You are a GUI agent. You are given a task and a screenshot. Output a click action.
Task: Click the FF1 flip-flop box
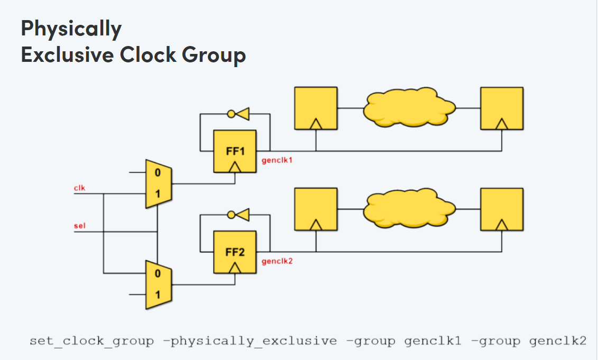[235, 151]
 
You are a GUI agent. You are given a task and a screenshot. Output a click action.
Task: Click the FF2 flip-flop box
[235, 252]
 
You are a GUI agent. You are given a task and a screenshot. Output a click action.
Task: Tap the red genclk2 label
[277, 261]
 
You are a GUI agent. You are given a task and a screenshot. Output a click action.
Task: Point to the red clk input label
[79, 188]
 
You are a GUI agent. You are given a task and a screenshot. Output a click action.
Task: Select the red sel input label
[79, 226]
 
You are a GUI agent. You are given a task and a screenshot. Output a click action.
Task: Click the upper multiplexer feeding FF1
[158, 183]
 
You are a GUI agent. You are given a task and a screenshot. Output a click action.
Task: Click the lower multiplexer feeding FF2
[158, 284]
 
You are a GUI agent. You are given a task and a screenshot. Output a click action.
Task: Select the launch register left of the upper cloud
[316, 108]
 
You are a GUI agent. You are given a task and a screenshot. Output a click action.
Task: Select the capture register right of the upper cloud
[501, 108]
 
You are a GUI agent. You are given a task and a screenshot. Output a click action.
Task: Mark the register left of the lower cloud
[316, 209]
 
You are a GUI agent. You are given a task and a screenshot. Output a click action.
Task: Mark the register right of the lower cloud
[501, 209]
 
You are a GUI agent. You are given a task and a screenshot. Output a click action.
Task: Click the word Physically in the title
[71, 29]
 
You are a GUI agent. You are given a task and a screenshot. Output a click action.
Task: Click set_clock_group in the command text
[91, 341]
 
